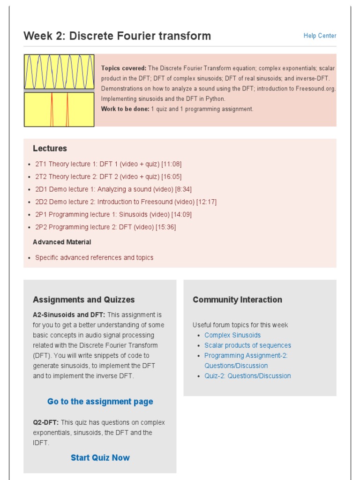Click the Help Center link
(320, 36)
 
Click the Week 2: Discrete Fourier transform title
(117, 36)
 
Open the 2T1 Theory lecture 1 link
(108, 164)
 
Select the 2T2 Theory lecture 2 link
(108, 177)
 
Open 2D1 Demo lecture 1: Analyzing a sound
(113, 189)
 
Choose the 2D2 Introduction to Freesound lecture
(126, 202)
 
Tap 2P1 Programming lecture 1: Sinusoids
(113, 215)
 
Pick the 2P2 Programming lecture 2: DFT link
(105, 227)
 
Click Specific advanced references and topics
(94, 258)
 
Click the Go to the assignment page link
(100, 402)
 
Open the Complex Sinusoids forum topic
(232, 335)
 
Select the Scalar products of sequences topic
(247, 345)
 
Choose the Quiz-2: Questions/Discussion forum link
(247, 376)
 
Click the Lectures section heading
(50, 149)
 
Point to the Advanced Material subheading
(62, 242)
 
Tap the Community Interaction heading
(237, 300)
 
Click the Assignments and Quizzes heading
(83, 300)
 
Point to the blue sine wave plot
(59, 72)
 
